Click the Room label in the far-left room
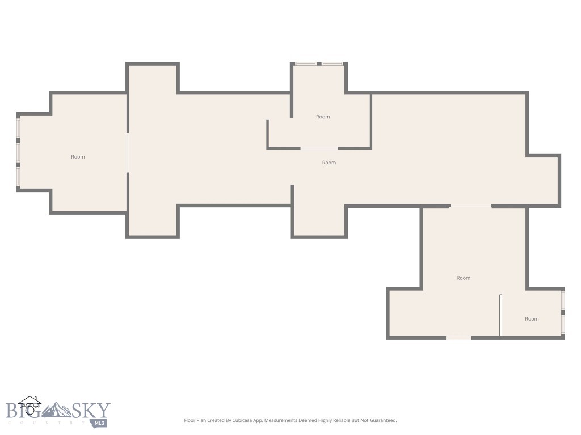(x=78, y=157)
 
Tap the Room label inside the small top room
(x=323, y=117)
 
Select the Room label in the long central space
(x=329, y=163)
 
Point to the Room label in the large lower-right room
(x=464, y=278)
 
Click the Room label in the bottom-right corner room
(x=532, y=319)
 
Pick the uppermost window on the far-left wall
(x=18, y=127)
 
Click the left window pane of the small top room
(x=306, y=63)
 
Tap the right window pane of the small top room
(x=333, y=63)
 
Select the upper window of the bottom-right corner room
(x=563, y=300)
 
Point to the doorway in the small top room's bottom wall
(x=319, y=148)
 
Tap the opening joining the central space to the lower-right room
(x=470, y=206)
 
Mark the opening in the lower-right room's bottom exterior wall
(x=458, y=338)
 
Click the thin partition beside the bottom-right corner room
(x=500, y=315)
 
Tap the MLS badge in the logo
(x=100, y=423)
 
